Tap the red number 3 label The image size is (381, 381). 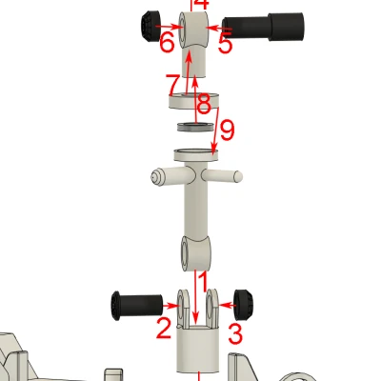pyautogui.click(x=235, y=333)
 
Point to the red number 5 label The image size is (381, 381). pyautogui.click(x=225, y=43)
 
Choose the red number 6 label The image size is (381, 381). pyautogui.click(x=167, y=43)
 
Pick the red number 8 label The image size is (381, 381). pyautogui.click(x=203, y=108)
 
